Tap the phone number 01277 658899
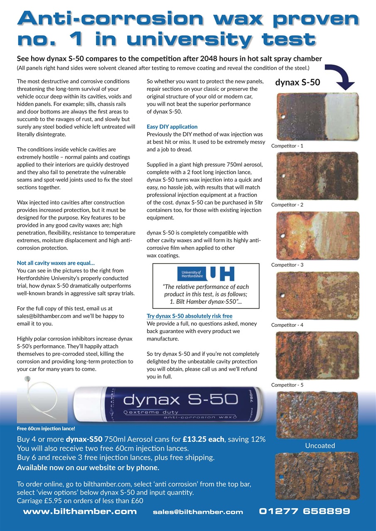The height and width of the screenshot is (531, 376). pos(305,512)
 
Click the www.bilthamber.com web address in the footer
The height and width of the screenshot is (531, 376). pos(80,512)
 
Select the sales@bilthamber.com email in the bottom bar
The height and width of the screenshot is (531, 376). pos(198,512)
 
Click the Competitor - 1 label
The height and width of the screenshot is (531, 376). pos(287,146)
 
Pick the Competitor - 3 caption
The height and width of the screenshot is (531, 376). pos(287,265)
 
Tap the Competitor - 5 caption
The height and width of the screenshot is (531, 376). pos(287,385)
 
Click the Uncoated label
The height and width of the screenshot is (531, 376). pos(320,446)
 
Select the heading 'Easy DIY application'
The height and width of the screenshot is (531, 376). pos(172,127)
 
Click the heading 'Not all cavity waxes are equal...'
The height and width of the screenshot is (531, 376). pos(56,263)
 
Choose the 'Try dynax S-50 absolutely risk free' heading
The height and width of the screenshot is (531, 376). pos(189,316)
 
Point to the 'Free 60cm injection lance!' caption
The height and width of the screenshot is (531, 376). pos(46,428)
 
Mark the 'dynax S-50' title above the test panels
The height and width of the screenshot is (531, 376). pos(297,82)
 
